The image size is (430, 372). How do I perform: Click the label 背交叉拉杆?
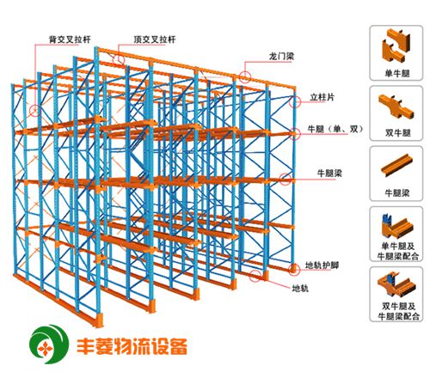[70, 40]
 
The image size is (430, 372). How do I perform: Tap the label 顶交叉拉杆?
[155, 40]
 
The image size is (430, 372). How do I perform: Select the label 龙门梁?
[281, 56]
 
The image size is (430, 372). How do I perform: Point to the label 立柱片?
[322, 97]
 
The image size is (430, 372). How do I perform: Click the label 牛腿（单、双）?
[335, 129]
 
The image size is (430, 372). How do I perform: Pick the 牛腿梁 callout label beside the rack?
[329, 174]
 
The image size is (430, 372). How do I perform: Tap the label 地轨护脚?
[322, 265]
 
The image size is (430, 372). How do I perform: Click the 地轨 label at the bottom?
[300, 288]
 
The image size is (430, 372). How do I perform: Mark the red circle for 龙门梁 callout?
[245, 77]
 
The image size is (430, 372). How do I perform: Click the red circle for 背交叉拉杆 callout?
[35, 111]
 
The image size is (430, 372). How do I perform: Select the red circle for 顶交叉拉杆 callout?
[119, 60]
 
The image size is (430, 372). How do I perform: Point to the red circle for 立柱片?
[295, 102]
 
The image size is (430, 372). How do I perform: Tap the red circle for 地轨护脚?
[294, 269]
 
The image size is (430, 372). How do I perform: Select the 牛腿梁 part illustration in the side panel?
[396, 165]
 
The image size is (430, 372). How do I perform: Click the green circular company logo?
[50, 344]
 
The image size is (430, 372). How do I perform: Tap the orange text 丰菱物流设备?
[132, 346]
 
